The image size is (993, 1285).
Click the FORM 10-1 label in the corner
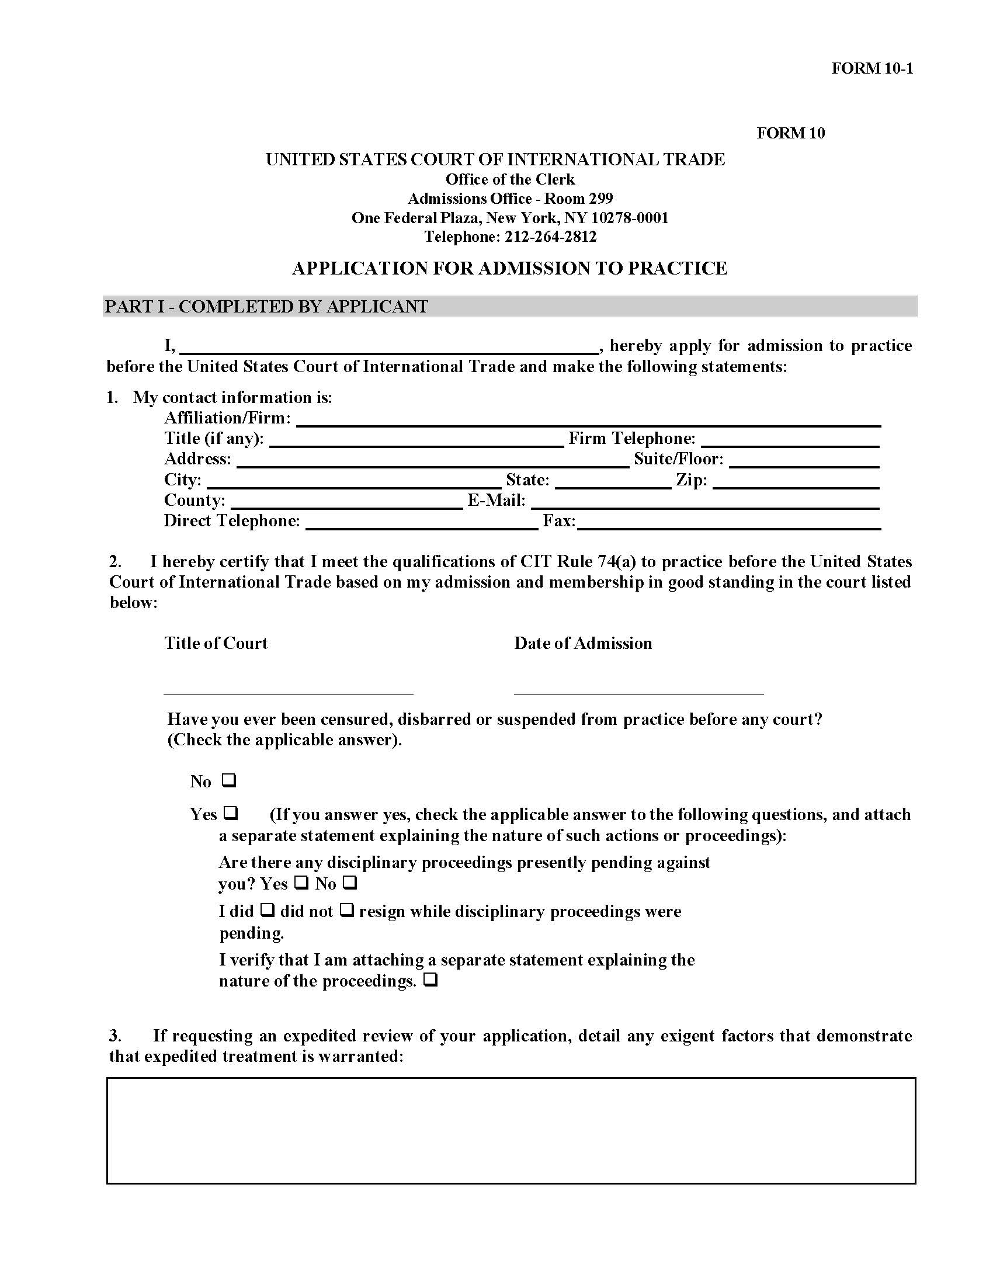click(872, 68)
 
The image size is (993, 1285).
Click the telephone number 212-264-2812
click(550, 237)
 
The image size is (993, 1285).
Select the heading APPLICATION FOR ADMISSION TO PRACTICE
click(509, 268)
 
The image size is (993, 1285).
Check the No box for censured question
click(229, 781)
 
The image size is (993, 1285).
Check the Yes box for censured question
click(231, 813)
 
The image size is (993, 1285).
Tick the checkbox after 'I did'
click(267, 910)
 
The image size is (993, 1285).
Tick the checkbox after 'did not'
click(346, 910)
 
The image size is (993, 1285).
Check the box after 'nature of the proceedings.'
click(430, 980)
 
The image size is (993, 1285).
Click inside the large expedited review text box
click(511, 1130)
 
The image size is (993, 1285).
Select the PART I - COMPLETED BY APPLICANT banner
click(509, 307)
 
